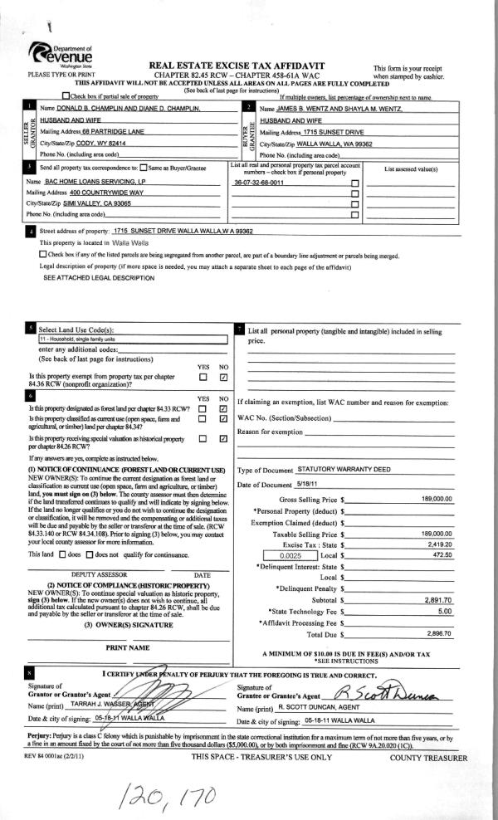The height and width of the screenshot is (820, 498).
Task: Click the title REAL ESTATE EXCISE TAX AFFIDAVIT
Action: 237,65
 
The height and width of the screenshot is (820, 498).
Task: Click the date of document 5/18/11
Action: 307,484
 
